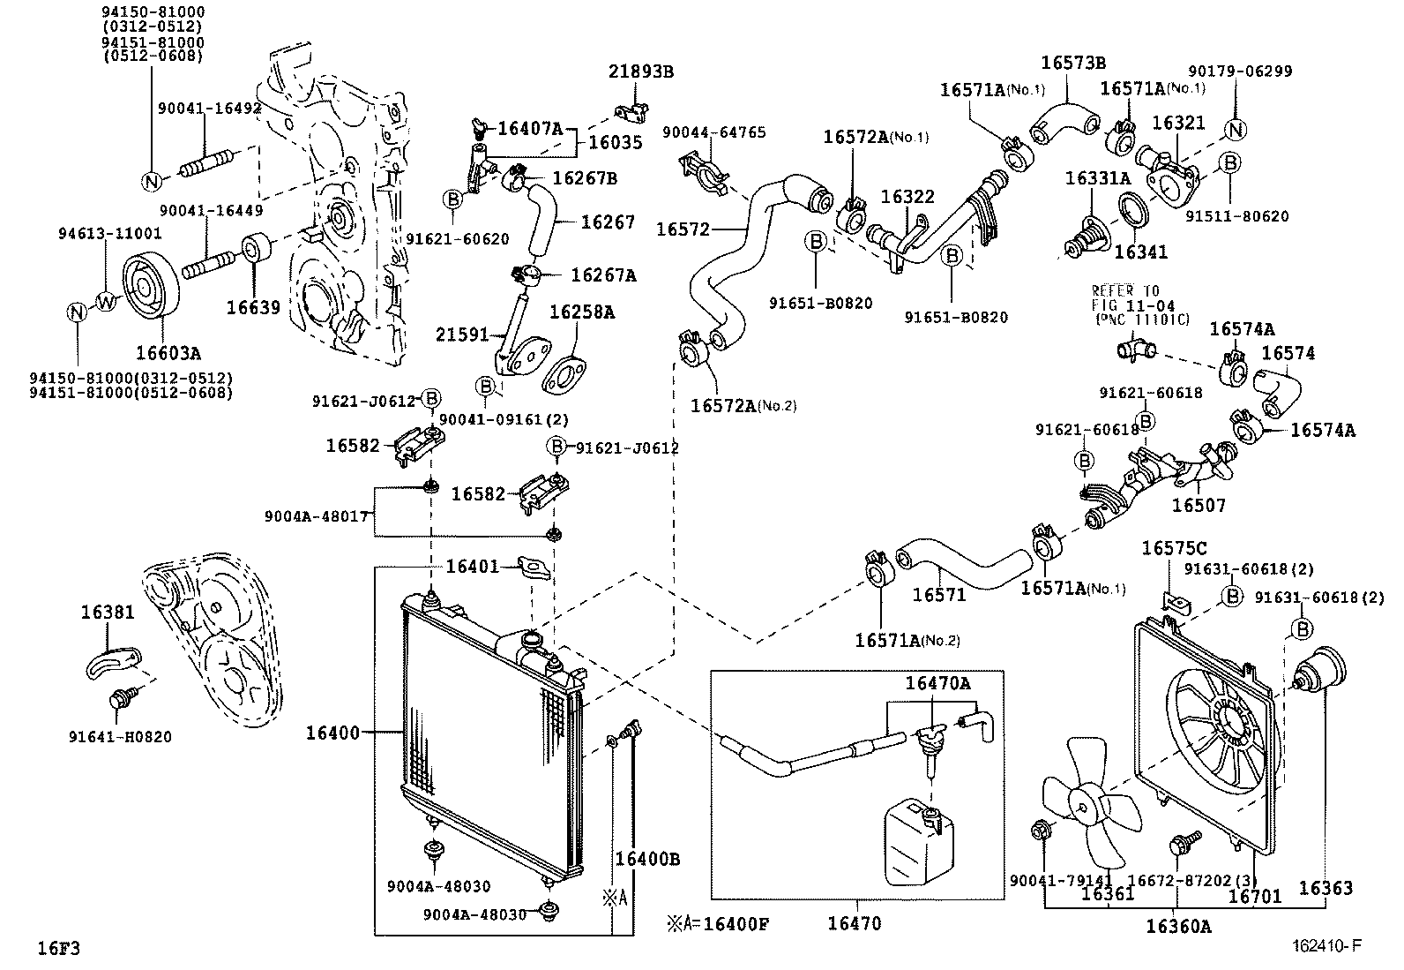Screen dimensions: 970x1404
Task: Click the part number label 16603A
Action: click(x=168, y=354)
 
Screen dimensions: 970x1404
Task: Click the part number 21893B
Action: click(x=641, y=71)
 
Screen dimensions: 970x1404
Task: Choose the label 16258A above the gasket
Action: click(x=582, y=312)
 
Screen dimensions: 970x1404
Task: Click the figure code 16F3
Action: click(x=59, y=949)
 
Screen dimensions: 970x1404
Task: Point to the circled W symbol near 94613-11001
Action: click(x=106, y=302)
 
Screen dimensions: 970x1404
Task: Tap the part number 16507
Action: click(x=1198, y=506)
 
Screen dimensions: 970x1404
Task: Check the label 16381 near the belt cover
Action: click(x=108, y=611)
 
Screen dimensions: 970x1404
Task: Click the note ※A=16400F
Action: click(x=718, y=924)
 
